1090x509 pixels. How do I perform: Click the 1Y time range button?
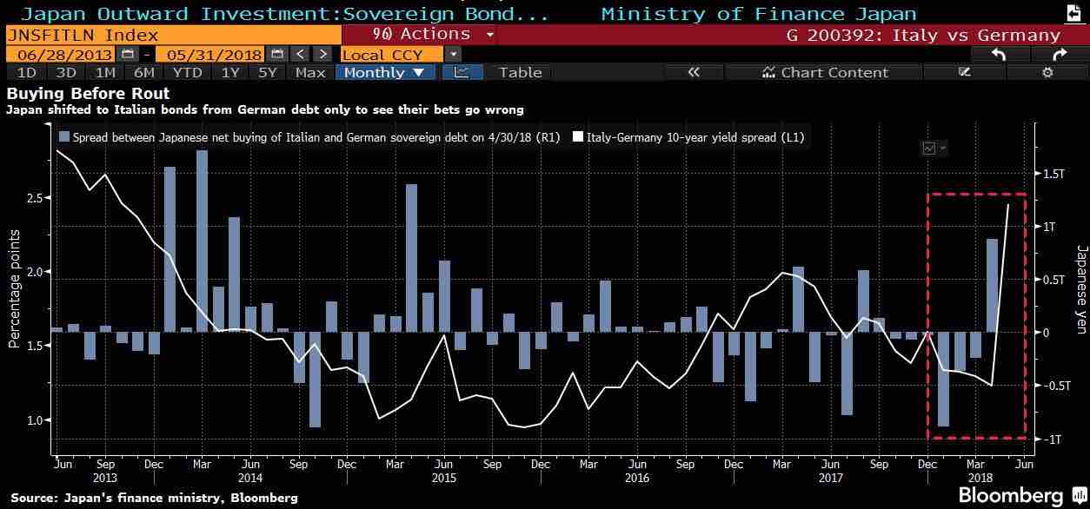(229, 72)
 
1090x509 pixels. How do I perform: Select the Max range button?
(309, 72)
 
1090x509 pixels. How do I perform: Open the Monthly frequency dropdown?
(384, 72)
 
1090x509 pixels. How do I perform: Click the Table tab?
(520, 72)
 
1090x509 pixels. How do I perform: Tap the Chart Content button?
(825, 72)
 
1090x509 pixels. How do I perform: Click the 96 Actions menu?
(421, 34)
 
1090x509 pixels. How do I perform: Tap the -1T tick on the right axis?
(1051, 440)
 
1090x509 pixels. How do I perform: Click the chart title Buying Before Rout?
(88, 93)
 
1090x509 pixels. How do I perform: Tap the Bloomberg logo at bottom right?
(1010, 495)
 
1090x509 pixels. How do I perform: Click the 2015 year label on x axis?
(443, 477)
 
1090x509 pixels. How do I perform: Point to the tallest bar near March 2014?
(202, 241)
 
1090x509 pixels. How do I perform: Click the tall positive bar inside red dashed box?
(992, 285)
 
